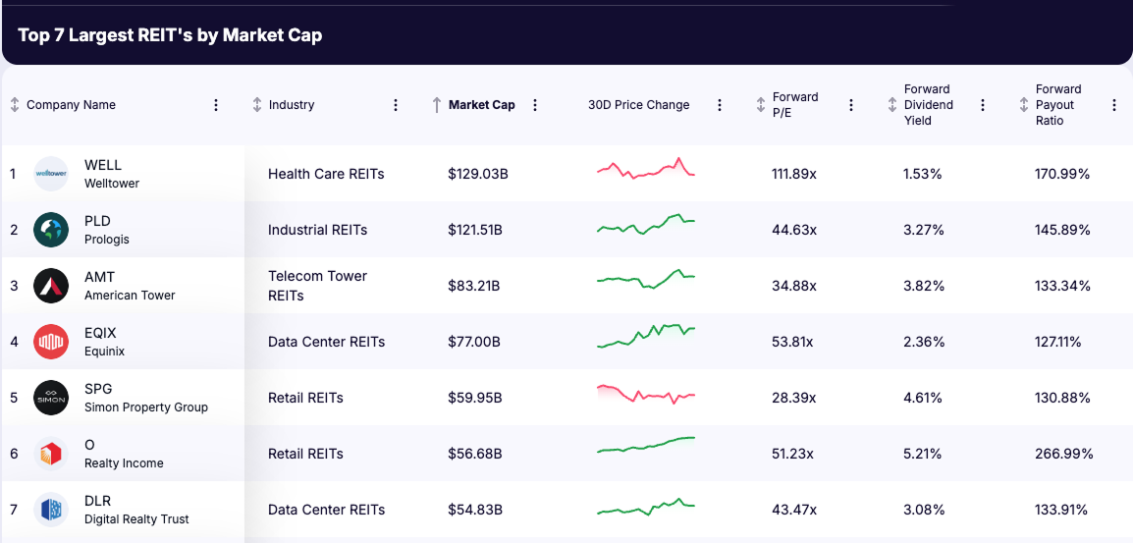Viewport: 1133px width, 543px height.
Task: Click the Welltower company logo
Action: coord(51,174)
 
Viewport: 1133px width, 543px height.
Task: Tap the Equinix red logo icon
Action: coord(51,342)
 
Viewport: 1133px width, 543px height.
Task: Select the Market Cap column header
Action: coord(481,105)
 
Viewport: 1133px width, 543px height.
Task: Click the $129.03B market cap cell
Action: coord(477,174)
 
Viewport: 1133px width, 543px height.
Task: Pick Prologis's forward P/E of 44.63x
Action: coord(794,230)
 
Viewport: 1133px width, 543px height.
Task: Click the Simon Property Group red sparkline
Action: coord(645,395)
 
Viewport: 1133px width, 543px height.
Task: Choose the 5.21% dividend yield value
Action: coord(923,454)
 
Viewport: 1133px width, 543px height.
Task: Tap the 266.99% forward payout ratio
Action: coord(1064,454)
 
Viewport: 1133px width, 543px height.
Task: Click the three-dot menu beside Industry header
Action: coord(396,105)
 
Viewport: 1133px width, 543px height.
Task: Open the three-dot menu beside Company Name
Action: coord(216,105)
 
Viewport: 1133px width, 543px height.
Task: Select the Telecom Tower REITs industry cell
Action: coord(317,286)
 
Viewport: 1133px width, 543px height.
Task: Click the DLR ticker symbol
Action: coord(98,501)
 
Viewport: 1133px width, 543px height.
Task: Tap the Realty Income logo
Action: coord(51,454)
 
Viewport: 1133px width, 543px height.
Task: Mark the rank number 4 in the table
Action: coord(14,342)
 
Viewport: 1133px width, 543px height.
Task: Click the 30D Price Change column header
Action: coord(638,105)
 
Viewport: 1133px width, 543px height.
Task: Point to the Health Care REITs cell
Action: coord(326,174)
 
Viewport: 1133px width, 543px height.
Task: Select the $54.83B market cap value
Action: coord(475,510)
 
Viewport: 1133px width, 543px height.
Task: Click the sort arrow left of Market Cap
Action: coord(437,105)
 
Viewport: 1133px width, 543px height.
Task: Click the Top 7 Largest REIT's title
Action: coord(170,35)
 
